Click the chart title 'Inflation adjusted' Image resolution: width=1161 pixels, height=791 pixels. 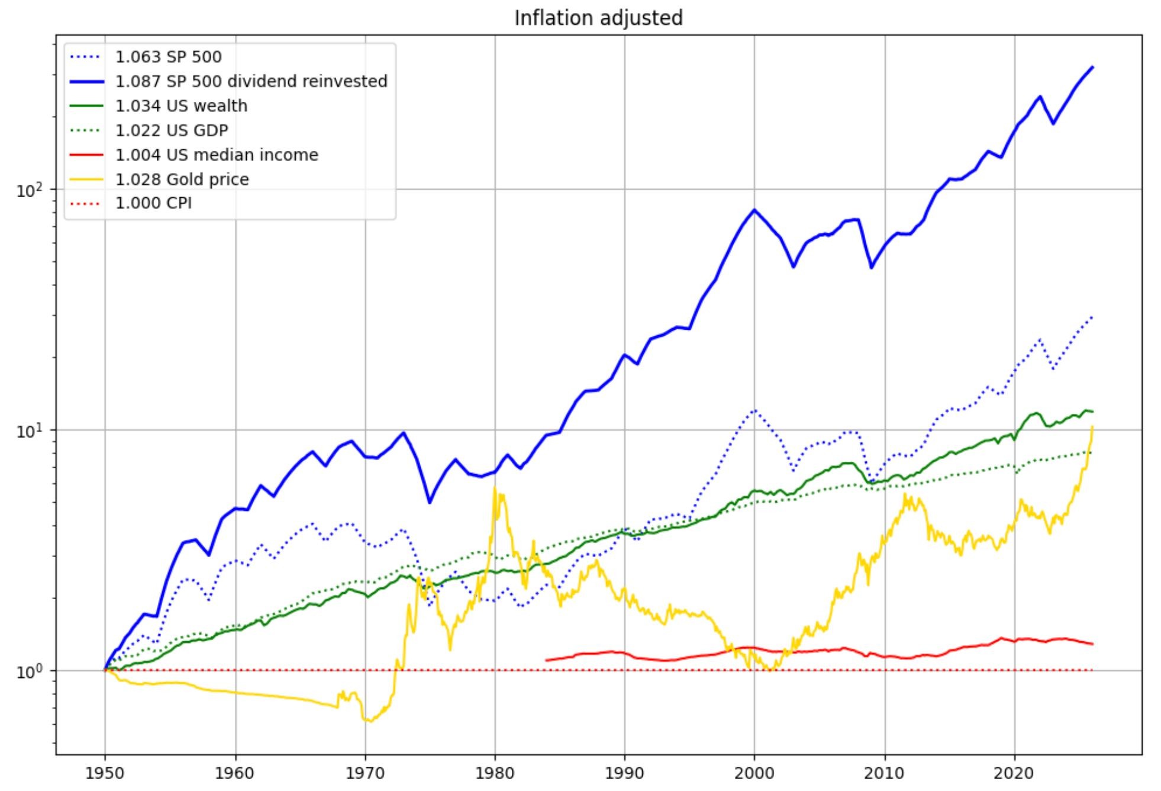598,18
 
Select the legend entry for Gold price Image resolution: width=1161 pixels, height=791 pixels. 182,179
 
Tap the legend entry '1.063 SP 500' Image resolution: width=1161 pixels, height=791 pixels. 168,57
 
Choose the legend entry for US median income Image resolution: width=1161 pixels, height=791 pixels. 217,155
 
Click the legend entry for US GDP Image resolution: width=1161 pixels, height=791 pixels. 171,130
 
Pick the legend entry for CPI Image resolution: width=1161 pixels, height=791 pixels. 153,204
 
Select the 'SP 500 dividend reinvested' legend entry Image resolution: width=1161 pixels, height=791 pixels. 251,81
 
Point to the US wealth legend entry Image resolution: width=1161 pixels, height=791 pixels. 181,106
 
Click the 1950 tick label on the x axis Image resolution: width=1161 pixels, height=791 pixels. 105,773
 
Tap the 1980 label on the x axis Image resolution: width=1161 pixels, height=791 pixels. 495,773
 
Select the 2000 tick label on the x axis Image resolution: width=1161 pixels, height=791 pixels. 754,773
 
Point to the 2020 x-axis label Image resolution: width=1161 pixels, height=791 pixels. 1014,773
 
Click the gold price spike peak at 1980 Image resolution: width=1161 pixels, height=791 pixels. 495,487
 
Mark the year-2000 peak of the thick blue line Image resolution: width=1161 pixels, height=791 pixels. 754,210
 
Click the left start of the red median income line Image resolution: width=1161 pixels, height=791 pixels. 546,660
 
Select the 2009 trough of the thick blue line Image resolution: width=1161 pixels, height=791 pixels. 872,268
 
